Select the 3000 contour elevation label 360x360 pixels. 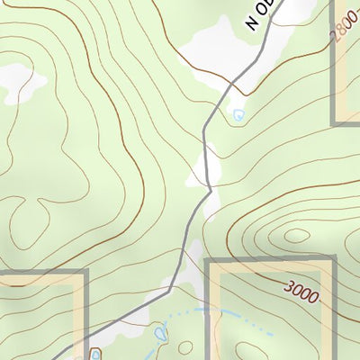coord(301,292)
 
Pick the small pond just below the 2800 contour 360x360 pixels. coord(238,114)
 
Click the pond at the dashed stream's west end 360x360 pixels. coord(161,335)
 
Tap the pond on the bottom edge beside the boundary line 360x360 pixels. coord(95,355)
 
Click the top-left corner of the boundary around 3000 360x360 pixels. coord(209,261)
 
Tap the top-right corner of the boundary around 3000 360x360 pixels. coord(333,261)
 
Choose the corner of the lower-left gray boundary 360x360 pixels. coord(86,271)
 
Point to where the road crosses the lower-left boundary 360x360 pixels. coord(86,339)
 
